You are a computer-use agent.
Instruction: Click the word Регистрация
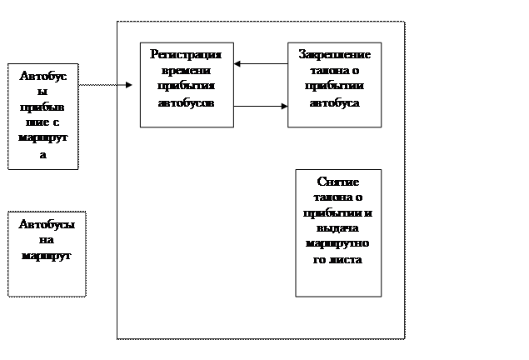(186, 54)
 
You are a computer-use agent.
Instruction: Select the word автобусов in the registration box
(186, 103)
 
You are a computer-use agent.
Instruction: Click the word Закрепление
(334, 54)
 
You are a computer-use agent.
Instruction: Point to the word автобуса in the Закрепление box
(334, 103)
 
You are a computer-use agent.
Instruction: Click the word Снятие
(338, 181)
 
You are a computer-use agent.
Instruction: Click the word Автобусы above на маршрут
(47, 225)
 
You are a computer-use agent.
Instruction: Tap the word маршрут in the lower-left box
(47, 255)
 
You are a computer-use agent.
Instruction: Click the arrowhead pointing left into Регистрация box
(238, 63)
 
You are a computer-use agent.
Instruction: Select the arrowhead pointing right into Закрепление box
(283, 106)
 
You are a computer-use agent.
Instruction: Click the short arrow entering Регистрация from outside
(127, 84)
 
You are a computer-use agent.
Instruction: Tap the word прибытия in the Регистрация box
(186, 87)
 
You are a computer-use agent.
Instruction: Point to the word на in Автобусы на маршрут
(47, 240)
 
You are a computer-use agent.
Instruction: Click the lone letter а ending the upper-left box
(43, 155)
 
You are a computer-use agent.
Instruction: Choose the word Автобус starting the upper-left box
(43, 76)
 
